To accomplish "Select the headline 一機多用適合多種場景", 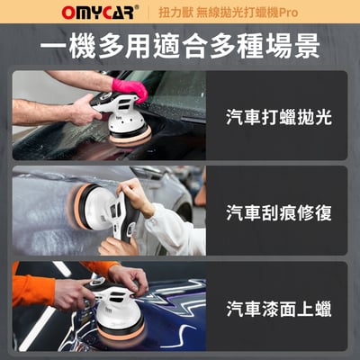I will pos(180,45).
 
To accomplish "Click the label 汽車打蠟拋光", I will pos(278,117).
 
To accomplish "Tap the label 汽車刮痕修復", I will pos(278,213).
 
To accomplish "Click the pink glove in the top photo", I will pos(131,88).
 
